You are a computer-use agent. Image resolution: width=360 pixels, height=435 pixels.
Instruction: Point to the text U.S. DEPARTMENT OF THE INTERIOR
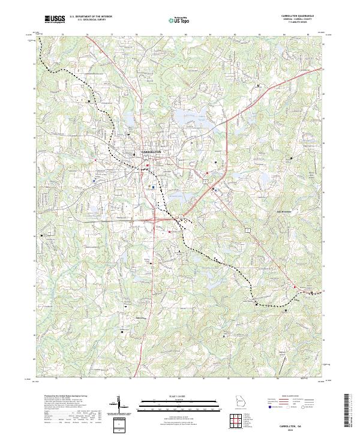91,17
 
